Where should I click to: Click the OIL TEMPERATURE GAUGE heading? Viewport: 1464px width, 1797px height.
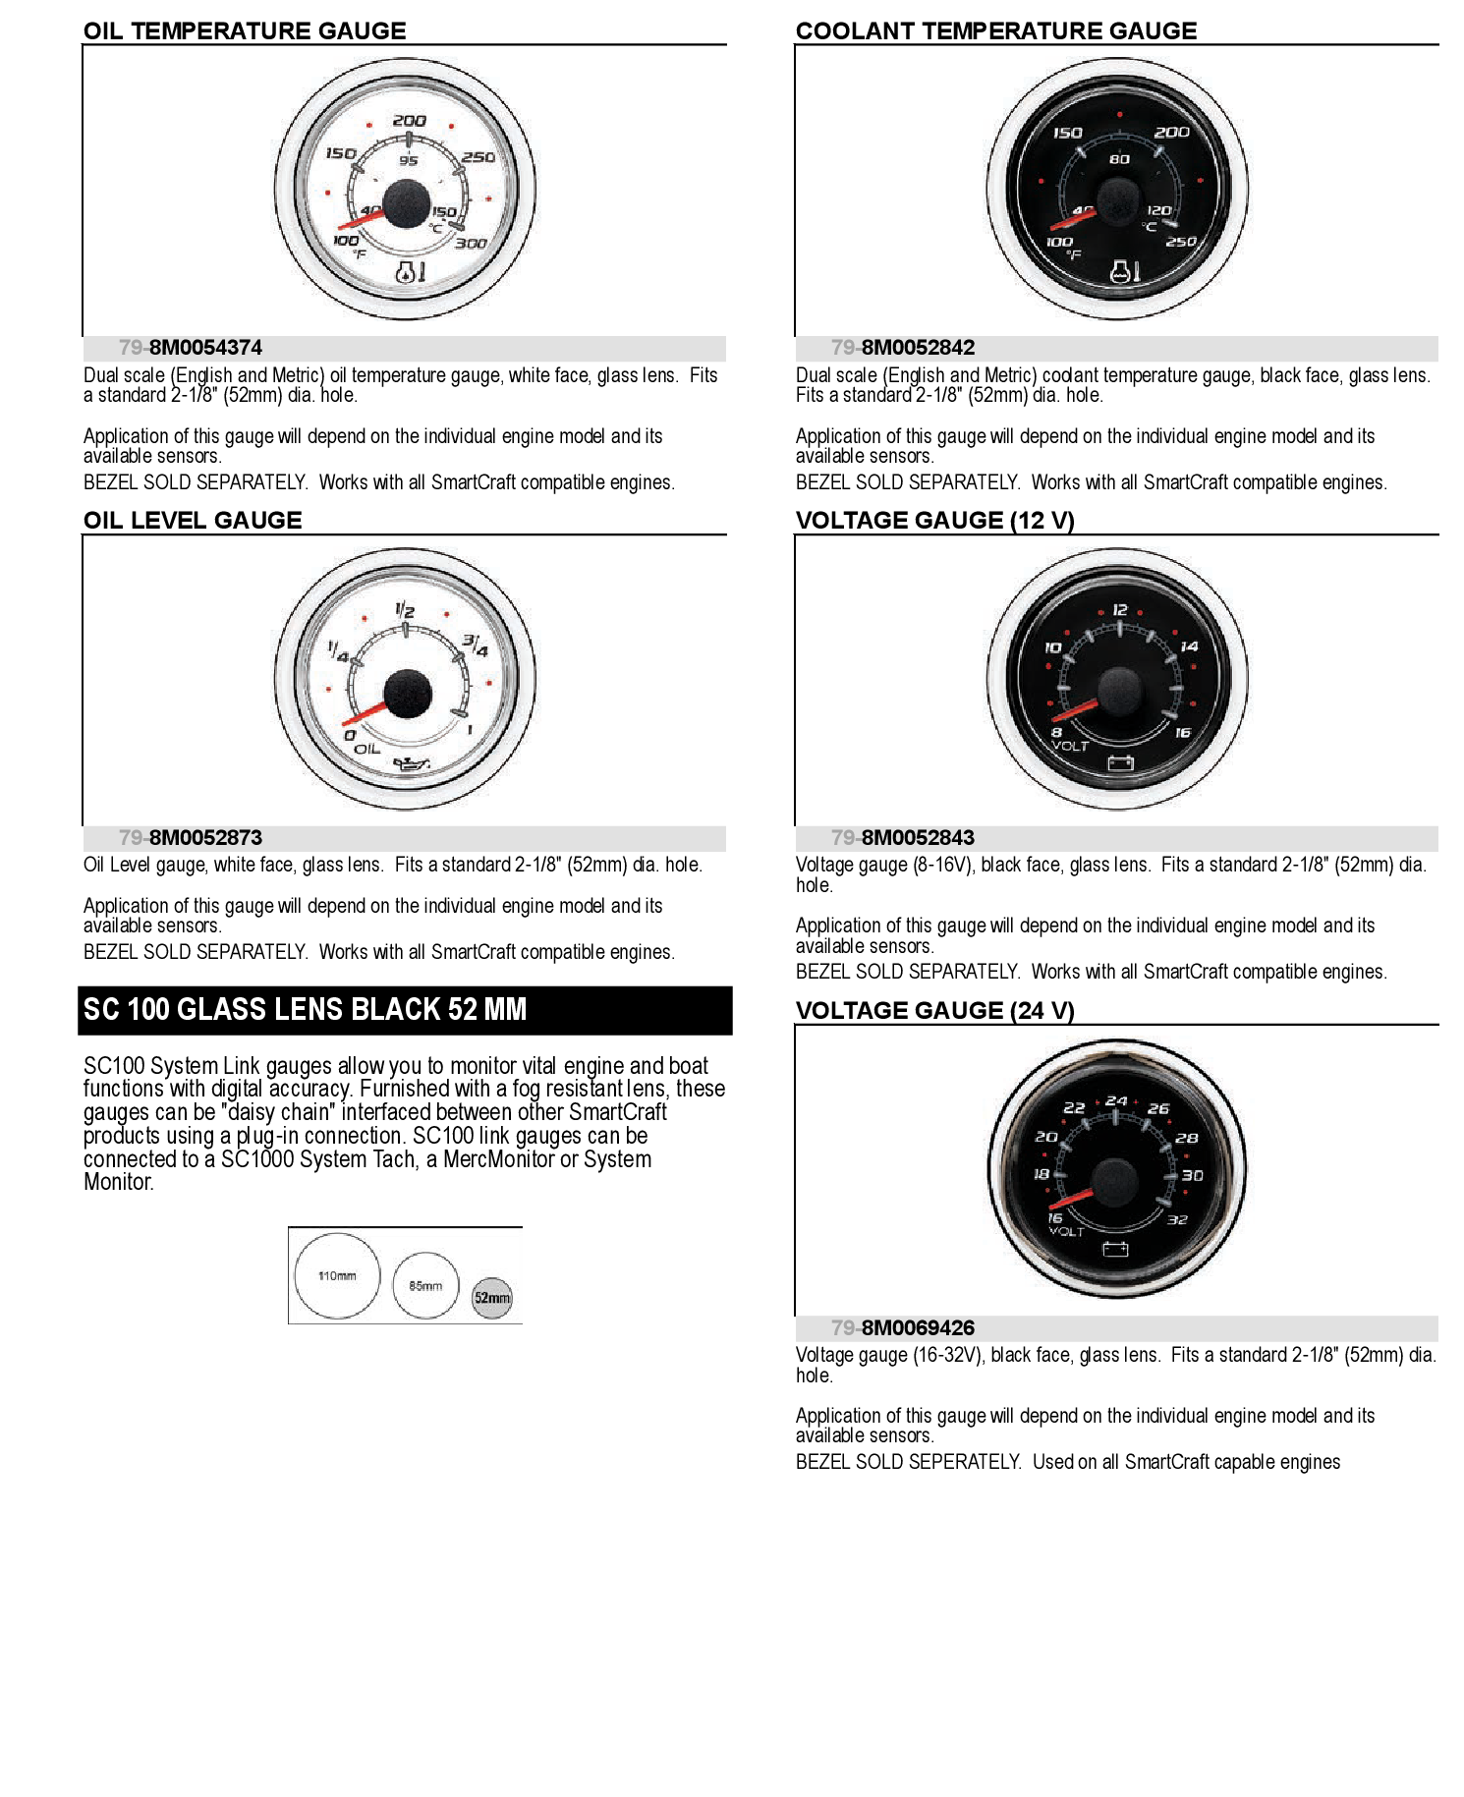coord(244,30)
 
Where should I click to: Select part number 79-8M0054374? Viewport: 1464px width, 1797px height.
coord(191,348)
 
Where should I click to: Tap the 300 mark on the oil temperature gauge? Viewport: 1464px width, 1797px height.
coord(471,244)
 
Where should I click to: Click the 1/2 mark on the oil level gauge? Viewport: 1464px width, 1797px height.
coord(405,610)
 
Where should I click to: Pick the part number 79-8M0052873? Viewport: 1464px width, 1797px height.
coord(191,838)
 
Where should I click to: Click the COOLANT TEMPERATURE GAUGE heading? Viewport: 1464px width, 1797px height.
coord(995,30)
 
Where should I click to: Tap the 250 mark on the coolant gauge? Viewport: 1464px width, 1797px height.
coord(1180,242)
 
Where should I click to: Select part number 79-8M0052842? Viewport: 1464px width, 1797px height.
coord(903,348)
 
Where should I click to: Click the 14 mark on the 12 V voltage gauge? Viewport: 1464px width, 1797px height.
coord(1189,646)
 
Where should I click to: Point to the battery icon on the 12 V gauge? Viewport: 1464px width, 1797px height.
coord(1120,762)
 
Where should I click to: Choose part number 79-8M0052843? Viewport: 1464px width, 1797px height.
coord(903,838)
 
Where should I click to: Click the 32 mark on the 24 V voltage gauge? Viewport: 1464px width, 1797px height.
coord(1177,1219)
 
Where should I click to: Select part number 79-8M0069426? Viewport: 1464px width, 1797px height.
coord(903,1328)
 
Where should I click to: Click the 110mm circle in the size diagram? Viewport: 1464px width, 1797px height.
coord(337,1275)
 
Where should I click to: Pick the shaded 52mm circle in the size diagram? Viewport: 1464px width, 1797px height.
coord(492,1298)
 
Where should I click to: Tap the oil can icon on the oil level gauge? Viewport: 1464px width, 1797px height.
coord(411,763)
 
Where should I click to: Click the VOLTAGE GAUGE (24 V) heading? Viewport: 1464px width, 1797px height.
coord(934,1011)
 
